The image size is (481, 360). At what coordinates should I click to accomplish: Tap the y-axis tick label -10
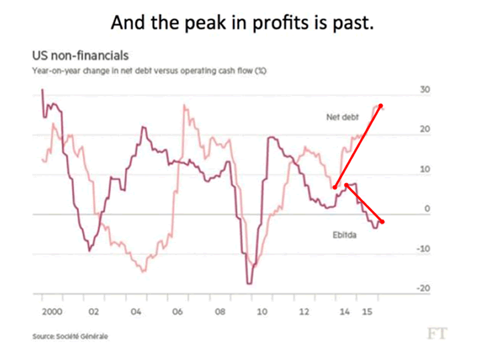pos(424,248)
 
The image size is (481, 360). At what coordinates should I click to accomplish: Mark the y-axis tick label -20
pos(424,289)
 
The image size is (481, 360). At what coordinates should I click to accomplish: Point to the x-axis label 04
pos(136,311)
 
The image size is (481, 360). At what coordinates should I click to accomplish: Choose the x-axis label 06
pos(178,311)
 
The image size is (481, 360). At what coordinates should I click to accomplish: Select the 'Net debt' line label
pos(343,117)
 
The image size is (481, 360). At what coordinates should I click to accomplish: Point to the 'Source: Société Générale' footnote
pos(70,336)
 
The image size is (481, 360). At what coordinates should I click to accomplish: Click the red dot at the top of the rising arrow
pos(381,106)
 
